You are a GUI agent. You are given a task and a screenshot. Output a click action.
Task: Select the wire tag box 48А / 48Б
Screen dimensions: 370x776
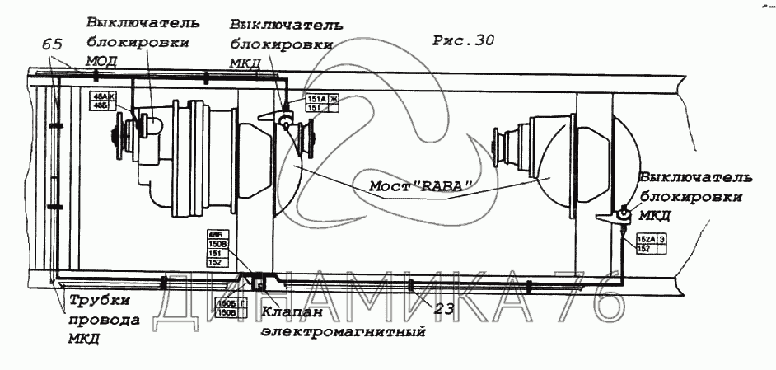point(103,101)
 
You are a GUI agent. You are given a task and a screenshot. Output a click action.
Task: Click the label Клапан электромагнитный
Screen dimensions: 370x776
point(344,322)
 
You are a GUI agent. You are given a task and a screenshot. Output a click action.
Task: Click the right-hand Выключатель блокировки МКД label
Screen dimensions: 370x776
point(694,196)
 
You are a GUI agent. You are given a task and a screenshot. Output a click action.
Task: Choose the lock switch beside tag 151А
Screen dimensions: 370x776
point(285,121)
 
